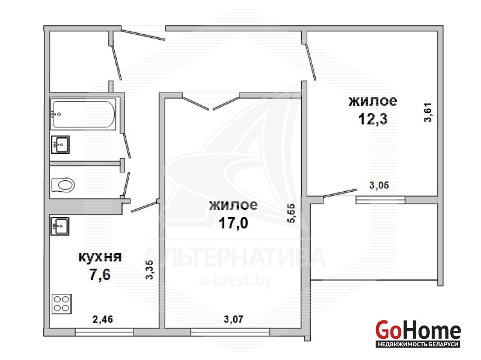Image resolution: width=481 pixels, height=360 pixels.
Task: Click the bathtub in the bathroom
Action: pyautogui.click(x=83, y=114)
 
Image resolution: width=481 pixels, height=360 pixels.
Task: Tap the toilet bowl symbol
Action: pyautogui.click(x=63, y=185)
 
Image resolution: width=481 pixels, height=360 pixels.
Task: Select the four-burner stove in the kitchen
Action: pyautogui.click(x=62, y=304)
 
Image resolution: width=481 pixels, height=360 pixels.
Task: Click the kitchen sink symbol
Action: pyautogui.click(x=60, y=226)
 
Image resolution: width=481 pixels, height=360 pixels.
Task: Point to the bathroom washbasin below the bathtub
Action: pyautogui.click(x=60, y=144)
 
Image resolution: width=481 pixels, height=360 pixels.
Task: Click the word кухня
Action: pyautogui.click(x=100, y=257)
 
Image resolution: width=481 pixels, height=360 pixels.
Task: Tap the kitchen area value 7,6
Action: pyautogui.click(x=100, y=274)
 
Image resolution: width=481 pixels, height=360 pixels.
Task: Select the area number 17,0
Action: pyautogui.click(x=233, y=223)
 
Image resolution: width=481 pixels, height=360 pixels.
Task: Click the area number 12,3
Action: pyautogui.click(x=373, y=119)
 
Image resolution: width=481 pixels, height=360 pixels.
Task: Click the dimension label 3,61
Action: pyautogui.click(x=427, y=112)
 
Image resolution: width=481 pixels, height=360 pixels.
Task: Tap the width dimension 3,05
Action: pyautogui.click(x=379, y=185)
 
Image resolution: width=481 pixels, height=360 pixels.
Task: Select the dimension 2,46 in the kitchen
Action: pyautogui.click(x=103, y=319)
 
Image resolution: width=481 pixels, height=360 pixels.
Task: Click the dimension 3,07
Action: pyautogui.click(x=233, y=319)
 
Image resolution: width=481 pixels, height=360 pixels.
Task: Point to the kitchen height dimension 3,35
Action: pyautogui.click(x=149, y=270)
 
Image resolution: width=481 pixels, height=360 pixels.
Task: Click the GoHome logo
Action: pyautogui.click(x=418, y=333)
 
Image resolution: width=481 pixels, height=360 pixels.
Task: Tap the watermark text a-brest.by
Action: pyautogui.click(x=236, y=281)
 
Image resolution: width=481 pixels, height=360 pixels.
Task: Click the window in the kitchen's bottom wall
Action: pyautogui.click(x=104, y=332)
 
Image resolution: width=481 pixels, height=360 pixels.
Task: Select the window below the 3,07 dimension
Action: pyautogui.click(x=230, y=332)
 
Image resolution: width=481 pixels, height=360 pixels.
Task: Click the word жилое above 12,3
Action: pyautogui.click(x=373, y=101)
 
